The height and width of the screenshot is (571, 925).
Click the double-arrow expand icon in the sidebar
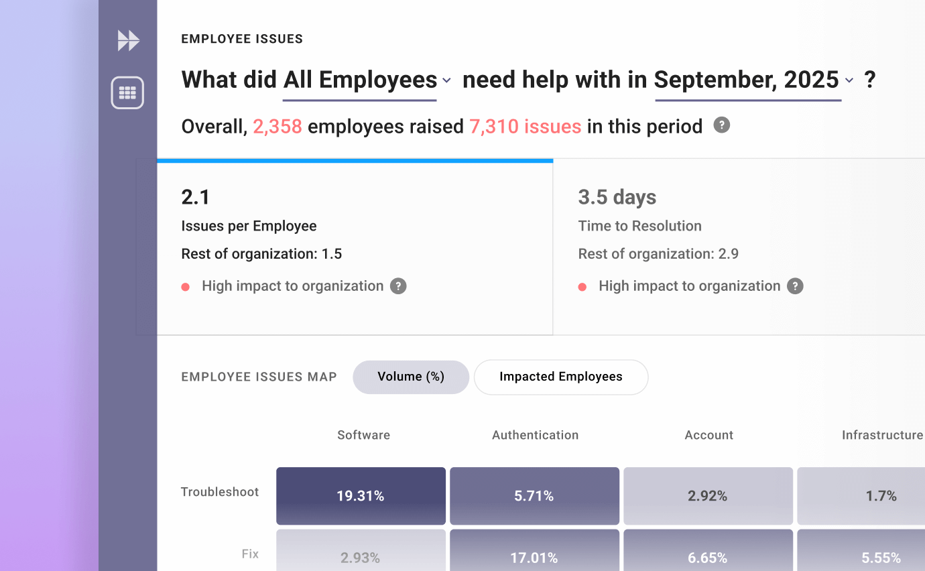128,41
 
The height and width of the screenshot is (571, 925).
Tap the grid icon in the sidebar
127,92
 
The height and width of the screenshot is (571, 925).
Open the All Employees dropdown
367,80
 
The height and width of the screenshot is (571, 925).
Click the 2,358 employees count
277,127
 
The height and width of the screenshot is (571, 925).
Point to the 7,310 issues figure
525,127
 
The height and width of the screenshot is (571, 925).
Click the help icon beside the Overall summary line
721,125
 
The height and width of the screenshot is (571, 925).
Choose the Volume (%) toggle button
411,377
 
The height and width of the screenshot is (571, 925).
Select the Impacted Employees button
561,377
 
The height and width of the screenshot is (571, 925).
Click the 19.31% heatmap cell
361,496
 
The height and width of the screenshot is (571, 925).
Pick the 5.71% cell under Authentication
534,496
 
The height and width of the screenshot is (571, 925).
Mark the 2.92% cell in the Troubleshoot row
708,496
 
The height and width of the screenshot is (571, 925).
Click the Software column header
363,435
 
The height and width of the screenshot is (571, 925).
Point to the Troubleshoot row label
220,492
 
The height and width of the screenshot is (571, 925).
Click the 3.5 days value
617,197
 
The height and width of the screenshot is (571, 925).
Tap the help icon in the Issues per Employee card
398,286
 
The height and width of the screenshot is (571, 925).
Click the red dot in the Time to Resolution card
582,287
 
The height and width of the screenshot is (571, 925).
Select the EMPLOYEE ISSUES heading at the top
242,39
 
